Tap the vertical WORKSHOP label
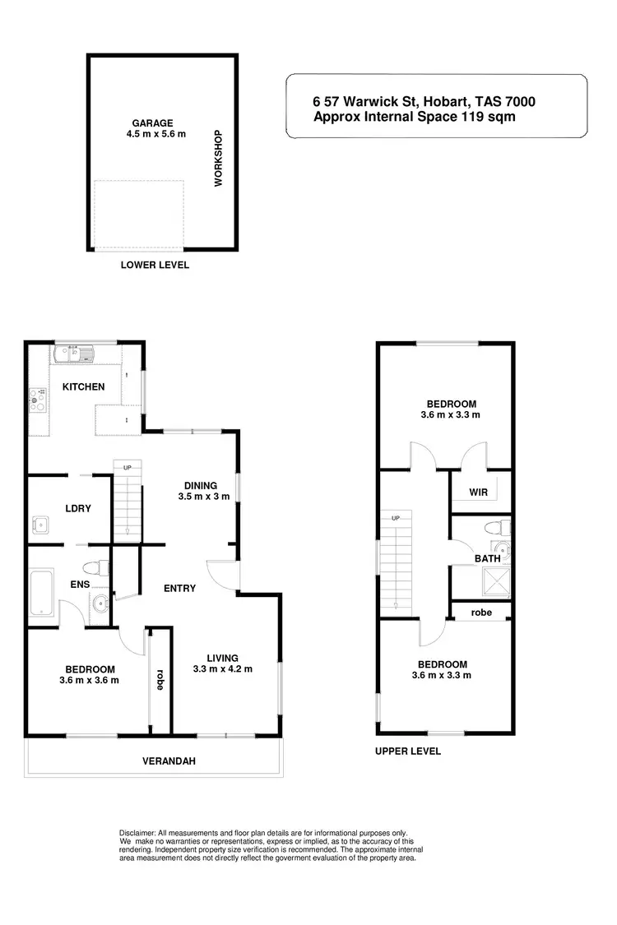[219, 158]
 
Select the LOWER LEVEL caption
[155, 265]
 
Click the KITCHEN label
[84, 386]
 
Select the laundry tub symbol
[40, 524]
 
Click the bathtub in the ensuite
[41, 592]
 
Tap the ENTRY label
[179, 588]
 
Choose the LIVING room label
[222, 658]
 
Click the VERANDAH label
[168, 761]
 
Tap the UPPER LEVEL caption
[408, 751]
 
